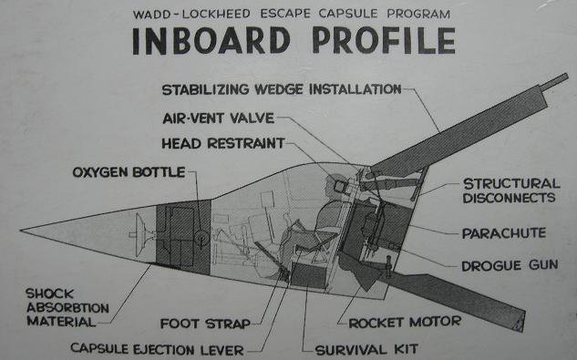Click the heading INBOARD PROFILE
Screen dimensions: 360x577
click(291, 42)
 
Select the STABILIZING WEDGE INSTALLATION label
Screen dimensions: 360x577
click(281, 89)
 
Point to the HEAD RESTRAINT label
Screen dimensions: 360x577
click(222, 144)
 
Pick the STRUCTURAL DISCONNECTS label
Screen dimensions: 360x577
click(510, 190)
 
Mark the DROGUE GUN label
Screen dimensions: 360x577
click(506, 265)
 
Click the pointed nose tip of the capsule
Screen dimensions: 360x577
click(23, 229)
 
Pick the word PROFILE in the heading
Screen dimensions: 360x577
click(383, 42)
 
